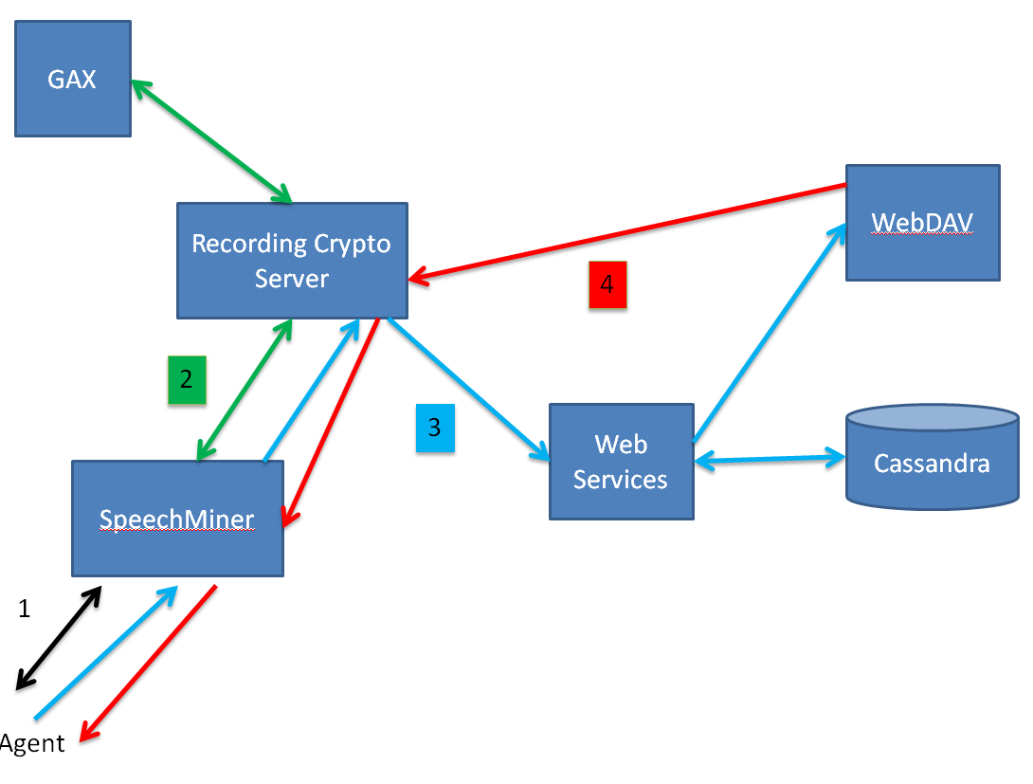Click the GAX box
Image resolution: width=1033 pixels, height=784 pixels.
[x=73, y=79]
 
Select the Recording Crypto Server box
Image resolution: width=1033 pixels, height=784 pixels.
[x=292, y=261]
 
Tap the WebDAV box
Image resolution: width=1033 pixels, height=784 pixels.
[x=922, y=223]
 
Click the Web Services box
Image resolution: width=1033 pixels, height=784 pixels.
[x=621, y=462]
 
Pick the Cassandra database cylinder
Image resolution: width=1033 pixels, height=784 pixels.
[x=932, y=460]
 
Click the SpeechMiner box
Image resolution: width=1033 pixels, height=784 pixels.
[x=177, y=519]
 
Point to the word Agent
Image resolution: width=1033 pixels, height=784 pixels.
[x=33, y=742]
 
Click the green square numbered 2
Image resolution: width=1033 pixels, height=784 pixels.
[x=187, y=379]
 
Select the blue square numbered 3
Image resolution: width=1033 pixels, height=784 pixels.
[x=435, y=427]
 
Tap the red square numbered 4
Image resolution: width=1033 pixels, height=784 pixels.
[x=607, y=284]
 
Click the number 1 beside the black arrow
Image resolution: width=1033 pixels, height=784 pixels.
[x=25, y=609]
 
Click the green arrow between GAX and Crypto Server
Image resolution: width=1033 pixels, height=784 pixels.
[x=210, y=141]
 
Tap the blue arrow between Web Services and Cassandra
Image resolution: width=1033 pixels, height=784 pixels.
[x=770, y=460]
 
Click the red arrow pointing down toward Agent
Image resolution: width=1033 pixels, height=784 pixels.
[x=147, y=663]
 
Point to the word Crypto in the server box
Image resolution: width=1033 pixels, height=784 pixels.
[x=353, y=244]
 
